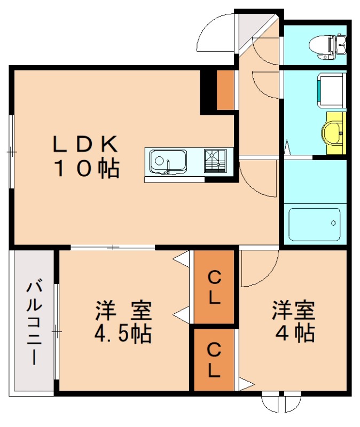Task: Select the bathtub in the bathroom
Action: (314, 224)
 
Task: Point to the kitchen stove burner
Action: (215, 161)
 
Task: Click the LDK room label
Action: (85, 145)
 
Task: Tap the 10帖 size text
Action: (85, 169)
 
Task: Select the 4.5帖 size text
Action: (123, 334)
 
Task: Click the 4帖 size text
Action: (293, 333)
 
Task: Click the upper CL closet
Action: (214, 287)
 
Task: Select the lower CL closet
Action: (214, 360)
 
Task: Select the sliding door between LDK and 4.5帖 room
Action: (113, 247)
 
